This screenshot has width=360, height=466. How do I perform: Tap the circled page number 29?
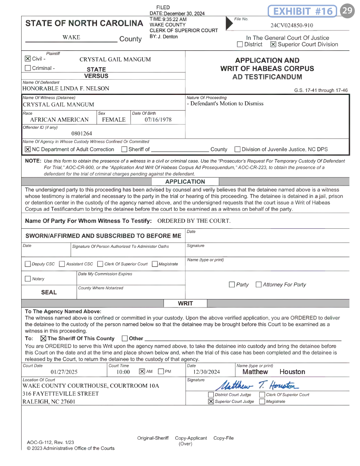click(x=347, y=11)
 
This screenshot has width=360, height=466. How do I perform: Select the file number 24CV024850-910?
click(x=292, y=25)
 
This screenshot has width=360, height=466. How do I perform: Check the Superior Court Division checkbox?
click(x=273, y=44)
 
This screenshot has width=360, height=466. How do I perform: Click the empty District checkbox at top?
click(x=240, y=44)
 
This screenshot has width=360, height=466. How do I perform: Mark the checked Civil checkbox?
click(x=28, y=59)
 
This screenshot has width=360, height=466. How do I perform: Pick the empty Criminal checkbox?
click(x=28, y=68)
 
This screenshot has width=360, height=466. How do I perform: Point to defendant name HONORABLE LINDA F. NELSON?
click(x=66, y=89)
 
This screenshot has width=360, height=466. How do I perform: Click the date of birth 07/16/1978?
click(x=158, y=119)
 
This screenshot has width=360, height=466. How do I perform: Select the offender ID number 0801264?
click(x=82, y=133)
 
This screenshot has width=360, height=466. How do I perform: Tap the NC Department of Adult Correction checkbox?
click(x=28, y=149)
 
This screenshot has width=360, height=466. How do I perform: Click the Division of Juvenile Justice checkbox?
click(x=238, y=149)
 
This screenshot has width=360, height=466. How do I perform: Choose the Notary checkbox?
click(x=28, y=279)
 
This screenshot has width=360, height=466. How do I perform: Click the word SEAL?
click(x=49, y=292)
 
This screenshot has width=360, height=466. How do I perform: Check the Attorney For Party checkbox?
click(x=259, y=285)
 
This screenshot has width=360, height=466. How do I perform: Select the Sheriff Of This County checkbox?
click(x=43, y=338)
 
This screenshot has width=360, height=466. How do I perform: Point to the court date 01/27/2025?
click(x=64, y=372)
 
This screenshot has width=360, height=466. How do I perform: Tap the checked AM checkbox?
click(x=142, y=372)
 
